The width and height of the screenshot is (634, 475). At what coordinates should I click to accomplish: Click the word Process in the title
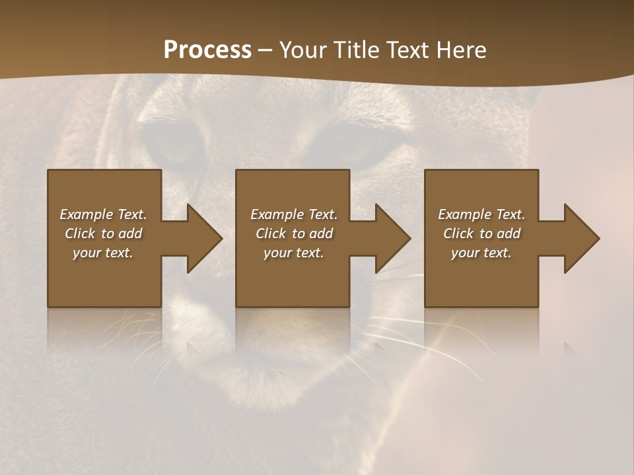click(207, 50)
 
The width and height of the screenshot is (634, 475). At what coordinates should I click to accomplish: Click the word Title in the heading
click(353, 50)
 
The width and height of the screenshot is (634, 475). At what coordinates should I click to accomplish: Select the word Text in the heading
click(407, 50)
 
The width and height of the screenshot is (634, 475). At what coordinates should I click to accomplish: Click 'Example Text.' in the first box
click(103, 214)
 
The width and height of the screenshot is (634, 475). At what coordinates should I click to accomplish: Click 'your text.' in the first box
click(103, 253)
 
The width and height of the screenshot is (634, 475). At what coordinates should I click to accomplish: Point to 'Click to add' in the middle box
click(294, 234)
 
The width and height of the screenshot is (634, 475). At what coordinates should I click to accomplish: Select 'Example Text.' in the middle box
click(294, 214)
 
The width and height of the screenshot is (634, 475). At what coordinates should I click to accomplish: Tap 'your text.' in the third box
click(481, 253)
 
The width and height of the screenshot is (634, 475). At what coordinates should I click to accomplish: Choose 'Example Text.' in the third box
click(481, 214)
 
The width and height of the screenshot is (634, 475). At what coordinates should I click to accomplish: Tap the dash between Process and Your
click(265, 51)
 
